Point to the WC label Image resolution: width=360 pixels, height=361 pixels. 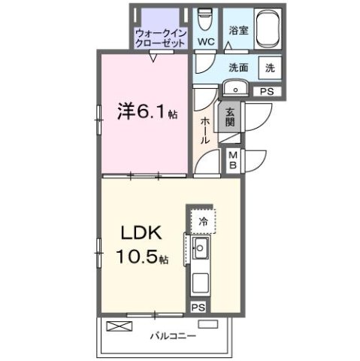pyautogui.click(x=205, y=41)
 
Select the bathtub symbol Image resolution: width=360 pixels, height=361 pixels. pyautogui.click(x=269, y=28)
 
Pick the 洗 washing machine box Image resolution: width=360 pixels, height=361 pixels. pyautogui.click(x=269, y=66)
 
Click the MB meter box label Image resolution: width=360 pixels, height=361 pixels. pyautogui.click(x=233, y=159)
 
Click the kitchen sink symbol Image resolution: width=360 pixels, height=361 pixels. pyautogui.click(x=201, y=251)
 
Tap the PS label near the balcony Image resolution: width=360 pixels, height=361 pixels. pyautogui.click(x=197, y=307)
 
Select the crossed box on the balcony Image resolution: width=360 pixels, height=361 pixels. pyautogui.click(x=118, y=327)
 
